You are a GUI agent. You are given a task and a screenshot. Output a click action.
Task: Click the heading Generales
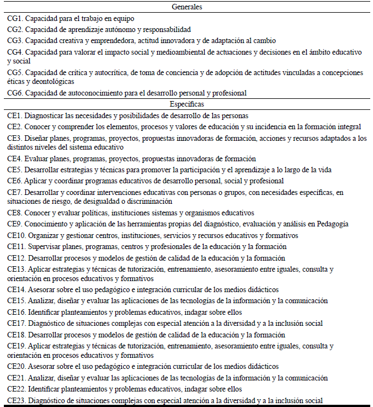186,7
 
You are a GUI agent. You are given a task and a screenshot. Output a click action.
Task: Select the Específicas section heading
186,104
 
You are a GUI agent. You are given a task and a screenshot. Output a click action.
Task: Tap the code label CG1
15,18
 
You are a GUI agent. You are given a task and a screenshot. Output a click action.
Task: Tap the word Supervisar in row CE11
45,246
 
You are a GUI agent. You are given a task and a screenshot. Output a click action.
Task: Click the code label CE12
17,257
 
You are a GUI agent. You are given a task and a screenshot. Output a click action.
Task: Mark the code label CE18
17,334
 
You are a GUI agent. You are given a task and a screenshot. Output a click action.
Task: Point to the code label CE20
17,367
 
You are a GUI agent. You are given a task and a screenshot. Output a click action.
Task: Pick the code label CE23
17,400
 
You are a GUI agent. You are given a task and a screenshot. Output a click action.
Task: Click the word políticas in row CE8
97,213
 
